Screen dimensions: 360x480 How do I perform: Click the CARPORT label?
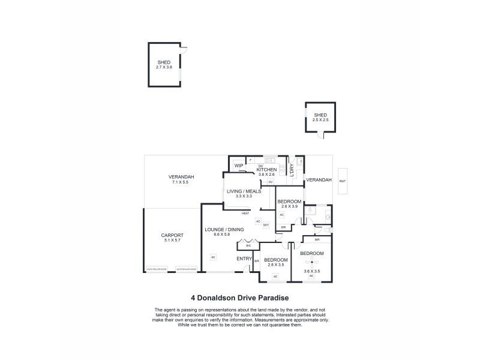point(172,235)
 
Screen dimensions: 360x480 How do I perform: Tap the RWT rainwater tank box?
point(343,181)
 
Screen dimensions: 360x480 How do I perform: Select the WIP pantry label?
point(238,166)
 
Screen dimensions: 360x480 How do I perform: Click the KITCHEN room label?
point(266,170)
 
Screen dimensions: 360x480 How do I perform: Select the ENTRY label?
point(244,258)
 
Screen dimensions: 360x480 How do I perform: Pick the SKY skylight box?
point(274,224)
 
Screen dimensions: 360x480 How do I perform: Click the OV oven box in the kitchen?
point(271,182)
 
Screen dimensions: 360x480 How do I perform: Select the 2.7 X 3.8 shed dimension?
point(164,67)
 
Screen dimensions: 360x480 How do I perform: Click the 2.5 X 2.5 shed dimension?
point(320,120)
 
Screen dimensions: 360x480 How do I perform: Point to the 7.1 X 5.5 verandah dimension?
point(180,182)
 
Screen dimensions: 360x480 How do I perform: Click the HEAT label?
point(245,213)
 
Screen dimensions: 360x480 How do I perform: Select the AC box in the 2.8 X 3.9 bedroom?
point(281,214)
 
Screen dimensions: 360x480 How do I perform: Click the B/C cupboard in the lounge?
point(248,245)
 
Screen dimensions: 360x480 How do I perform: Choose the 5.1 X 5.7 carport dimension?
point(172,240)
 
